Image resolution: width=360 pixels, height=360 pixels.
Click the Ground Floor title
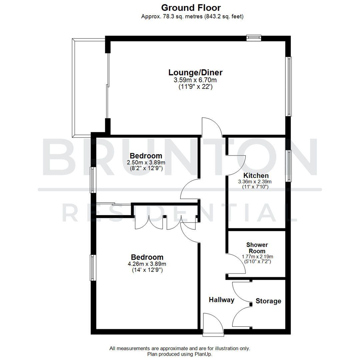(x=191, y=7)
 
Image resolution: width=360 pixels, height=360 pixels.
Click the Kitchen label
(x=256, y=176)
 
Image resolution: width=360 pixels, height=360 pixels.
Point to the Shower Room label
(x=257, y=248)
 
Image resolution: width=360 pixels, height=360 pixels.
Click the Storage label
(x=268, y=301)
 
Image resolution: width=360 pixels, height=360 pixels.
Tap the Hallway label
(x=221, y=300)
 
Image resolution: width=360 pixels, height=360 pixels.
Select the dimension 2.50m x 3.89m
(x=146, y=162)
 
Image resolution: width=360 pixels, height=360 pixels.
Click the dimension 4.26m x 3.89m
(x=147, y=264)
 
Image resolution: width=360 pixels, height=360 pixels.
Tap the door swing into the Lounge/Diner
(x=211, y=127)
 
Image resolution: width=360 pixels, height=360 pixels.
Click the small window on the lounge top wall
(x=254, y=38)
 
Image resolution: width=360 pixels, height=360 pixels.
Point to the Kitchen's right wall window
(x=289, y=166)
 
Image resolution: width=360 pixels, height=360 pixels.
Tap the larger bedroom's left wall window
(x=93, y=268)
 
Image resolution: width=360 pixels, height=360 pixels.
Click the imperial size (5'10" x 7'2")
(x=257, y=262)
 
